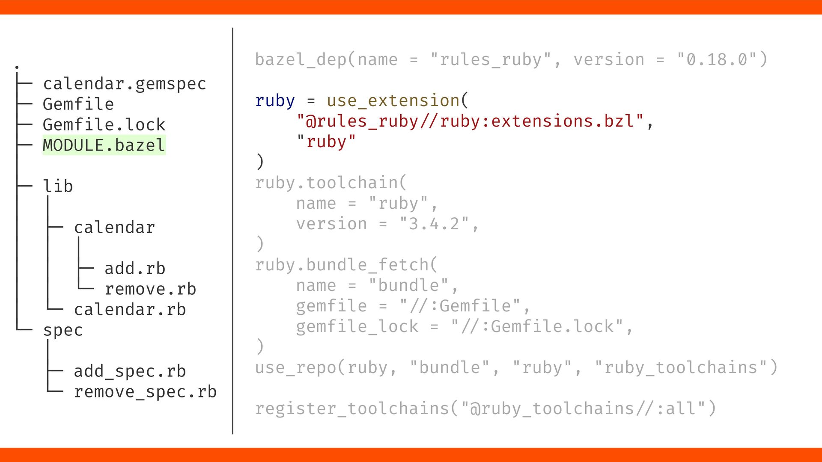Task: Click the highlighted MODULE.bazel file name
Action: (x=104, y=145)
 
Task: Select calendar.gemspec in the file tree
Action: (x=125, y=84)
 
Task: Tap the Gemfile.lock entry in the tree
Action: (x=104, y=125)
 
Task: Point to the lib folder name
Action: (x=58, y=187)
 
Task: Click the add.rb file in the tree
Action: (x=135, y=269)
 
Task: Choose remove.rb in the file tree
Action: (x=150, y=289)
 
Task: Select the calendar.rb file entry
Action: (x=130, y=310)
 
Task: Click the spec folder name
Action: (x=63, y=330)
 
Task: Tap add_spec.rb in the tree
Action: (x=130, y=371)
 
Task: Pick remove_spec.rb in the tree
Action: (x=145, y=392)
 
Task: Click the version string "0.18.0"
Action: (x=718, y=60)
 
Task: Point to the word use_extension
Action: (x=393, y=101)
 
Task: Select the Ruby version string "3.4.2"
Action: (x=434, y=224)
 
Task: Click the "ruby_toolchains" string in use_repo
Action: (x=681, y=368)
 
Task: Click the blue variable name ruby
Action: (x=275, y=101)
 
